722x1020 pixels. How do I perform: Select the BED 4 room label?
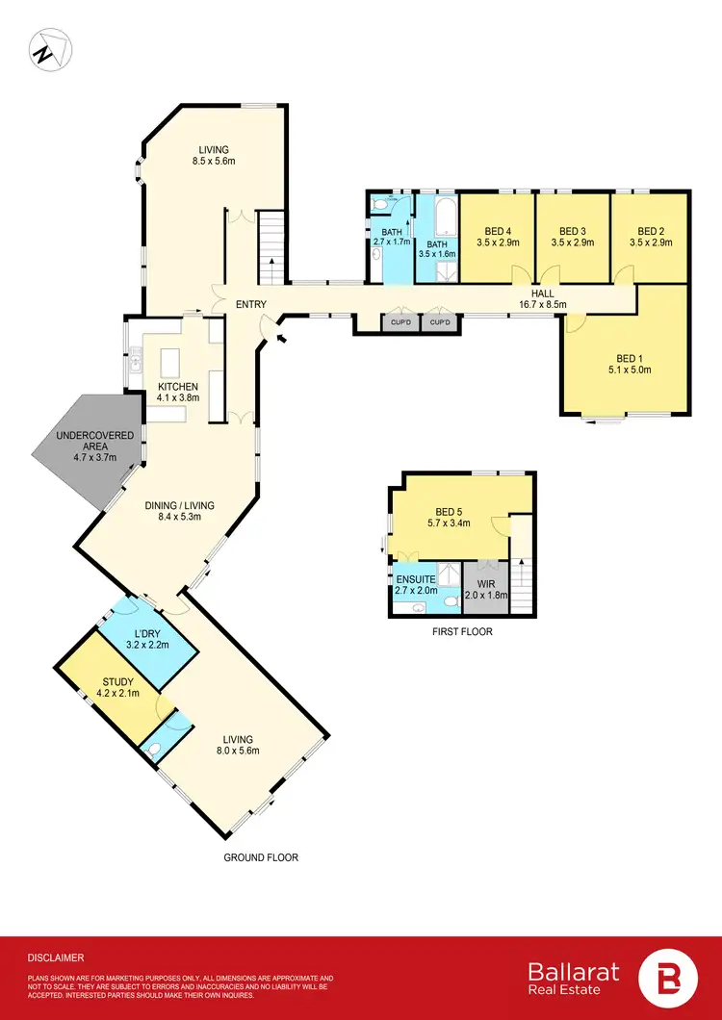pyautogui.click(x=496, y=237)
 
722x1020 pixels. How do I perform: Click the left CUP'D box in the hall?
pyautogui.click(x=399, y=322)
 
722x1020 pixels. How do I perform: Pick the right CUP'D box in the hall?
pyautogui.click(x=440, y=322)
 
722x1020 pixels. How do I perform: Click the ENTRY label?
pyautogui.click(x=250, y=305)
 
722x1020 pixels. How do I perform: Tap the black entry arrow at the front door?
pyautogui.click(x=281, y=338)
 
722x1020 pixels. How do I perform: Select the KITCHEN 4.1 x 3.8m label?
pyautogui.click(x=178, y=393)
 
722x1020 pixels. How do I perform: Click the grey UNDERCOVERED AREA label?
pyautogui.click(x=86, y=451)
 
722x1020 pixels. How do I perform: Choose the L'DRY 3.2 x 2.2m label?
pyautogui.click(x=147, y=638)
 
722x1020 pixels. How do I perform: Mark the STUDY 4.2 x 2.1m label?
pyautogui.click(x=120, y=686)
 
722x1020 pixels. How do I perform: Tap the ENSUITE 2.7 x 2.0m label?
pyautogui.click(x=416, y=585)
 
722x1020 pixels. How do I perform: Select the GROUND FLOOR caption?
pyautogui.click(x=260, y=856)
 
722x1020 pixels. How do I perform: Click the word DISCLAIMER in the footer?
pyautogui.click(x=56, y=957)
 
